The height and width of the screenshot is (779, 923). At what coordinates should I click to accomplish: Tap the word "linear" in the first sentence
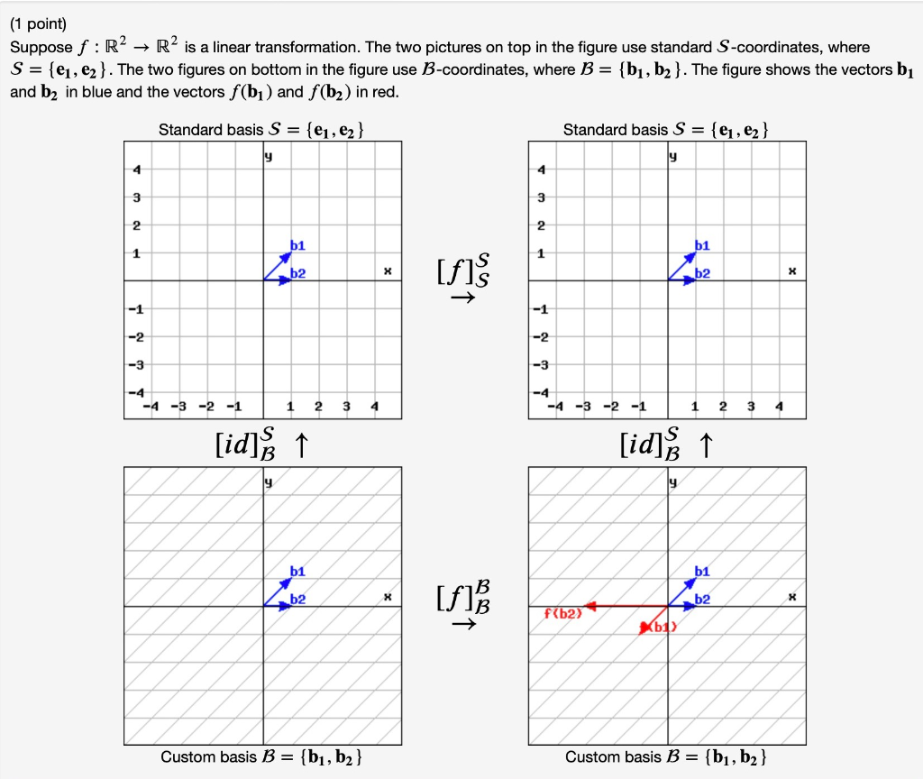[217, 47]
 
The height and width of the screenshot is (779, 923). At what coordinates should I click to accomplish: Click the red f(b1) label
[660, 627]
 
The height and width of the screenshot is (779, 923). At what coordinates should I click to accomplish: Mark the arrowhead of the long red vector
[587, 606]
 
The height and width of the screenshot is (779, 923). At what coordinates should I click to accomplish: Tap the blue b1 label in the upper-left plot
[297, 245]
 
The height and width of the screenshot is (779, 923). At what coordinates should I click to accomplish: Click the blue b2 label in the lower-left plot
[297, 600]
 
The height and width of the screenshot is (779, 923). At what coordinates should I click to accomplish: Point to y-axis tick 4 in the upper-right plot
[541, 170]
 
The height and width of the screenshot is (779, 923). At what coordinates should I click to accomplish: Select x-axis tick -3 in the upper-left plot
[179, 407]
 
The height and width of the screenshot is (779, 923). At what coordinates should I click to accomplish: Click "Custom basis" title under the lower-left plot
[208, 756]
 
